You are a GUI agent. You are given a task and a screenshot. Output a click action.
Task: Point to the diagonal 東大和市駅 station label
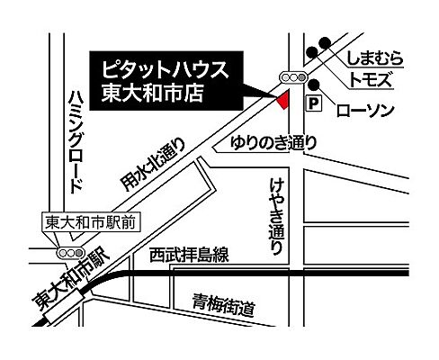[x=68, y=286]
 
